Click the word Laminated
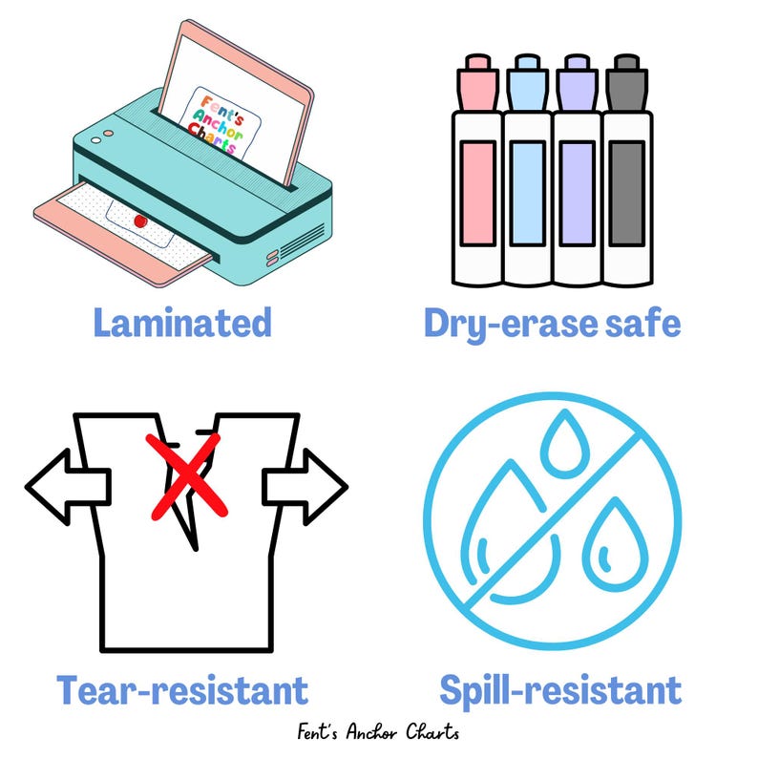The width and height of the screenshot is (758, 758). (182, 323)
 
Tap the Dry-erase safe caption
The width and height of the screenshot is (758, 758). (552, 323)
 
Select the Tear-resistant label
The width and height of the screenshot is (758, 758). (182, 688)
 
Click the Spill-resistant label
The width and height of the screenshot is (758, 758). (560, 688)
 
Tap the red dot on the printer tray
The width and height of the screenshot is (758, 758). (140, 221)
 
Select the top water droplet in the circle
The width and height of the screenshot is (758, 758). (562, 447)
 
